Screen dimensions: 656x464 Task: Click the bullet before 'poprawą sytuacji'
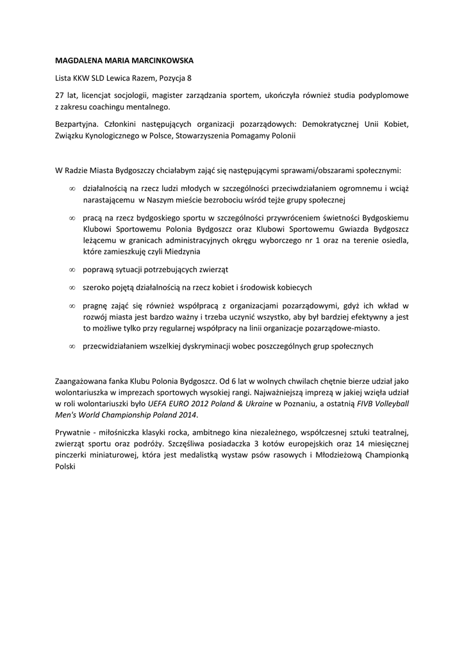click(72, 269)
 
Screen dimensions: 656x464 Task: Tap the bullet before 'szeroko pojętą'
click(72, 287)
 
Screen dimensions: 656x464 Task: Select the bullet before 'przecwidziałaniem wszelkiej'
click(72, 346)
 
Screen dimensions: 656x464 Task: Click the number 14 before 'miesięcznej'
click(349, 444)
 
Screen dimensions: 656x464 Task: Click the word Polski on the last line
click(65, 467)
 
